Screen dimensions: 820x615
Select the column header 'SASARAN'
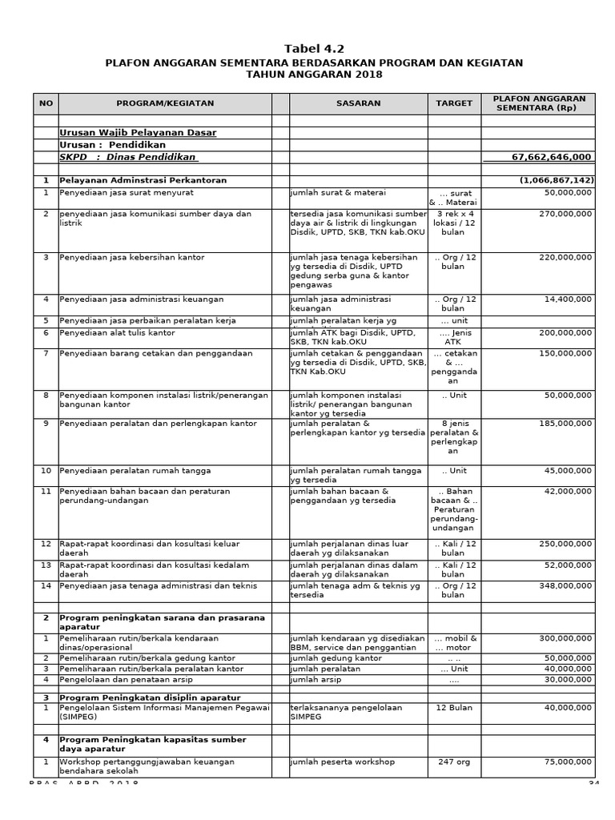click(x=358, y=103)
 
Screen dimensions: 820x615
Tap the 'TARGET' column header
click(x=454, y=103)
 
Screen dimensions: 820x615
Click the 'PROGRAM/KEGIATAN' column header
click(x=165, y=103)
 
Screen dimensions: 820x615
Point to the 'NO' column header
click(x=46, y=103)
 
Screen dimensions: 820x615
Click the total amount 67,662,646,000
click(x=552, y=157)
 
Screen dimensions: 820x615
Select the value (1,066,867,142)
click(x=556, y=180)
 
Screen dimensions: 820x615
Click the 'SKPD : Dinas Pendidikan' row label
click(x=128, y=157)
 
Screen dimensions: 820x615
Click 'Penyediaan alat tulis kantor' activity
click(x=117, y=332)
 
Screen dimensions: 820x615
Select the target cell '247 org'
click(x=454, y=762)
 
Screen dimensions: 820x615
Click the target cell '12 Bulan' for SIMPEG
click(x=454, y=708)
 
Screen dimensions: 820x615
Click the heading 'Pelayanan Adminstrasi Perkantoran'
click(x=143, y=180)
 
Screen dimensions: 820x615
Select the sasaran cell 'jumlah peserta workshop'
click(x=343, y=762)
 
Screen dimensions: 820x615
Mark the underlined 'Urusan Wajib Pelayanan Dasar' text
click(x=138, y=132)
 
